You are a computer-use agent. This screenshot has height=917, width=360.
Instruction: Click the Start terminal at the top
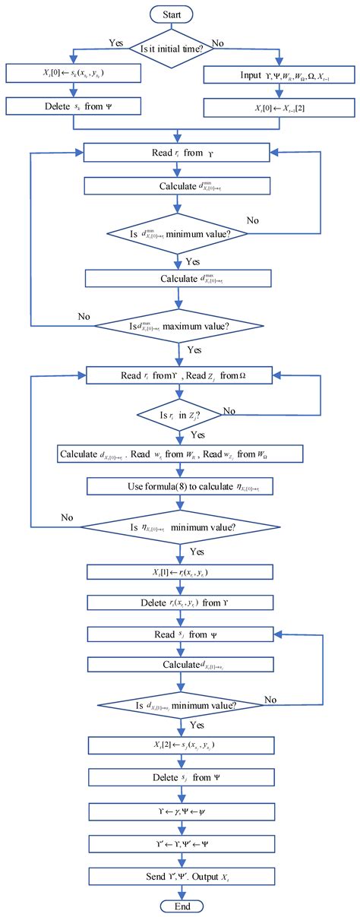177,14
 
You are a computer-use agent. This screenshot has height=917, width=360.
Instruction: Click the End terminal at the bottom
177,906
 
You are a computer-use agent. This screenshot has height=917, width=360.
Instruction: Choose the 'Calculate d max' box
177,278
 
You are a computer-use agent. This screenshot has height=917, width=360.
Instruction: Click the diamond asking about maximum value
177,326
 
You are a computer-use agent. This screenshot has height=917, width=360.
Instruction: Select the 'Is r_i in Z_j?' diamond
177,415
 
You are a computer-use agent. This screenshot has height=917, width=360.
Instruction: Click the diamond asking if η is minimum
177,523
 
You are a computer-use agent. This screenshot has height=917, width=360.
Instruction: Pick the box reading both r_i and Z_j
177,375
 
